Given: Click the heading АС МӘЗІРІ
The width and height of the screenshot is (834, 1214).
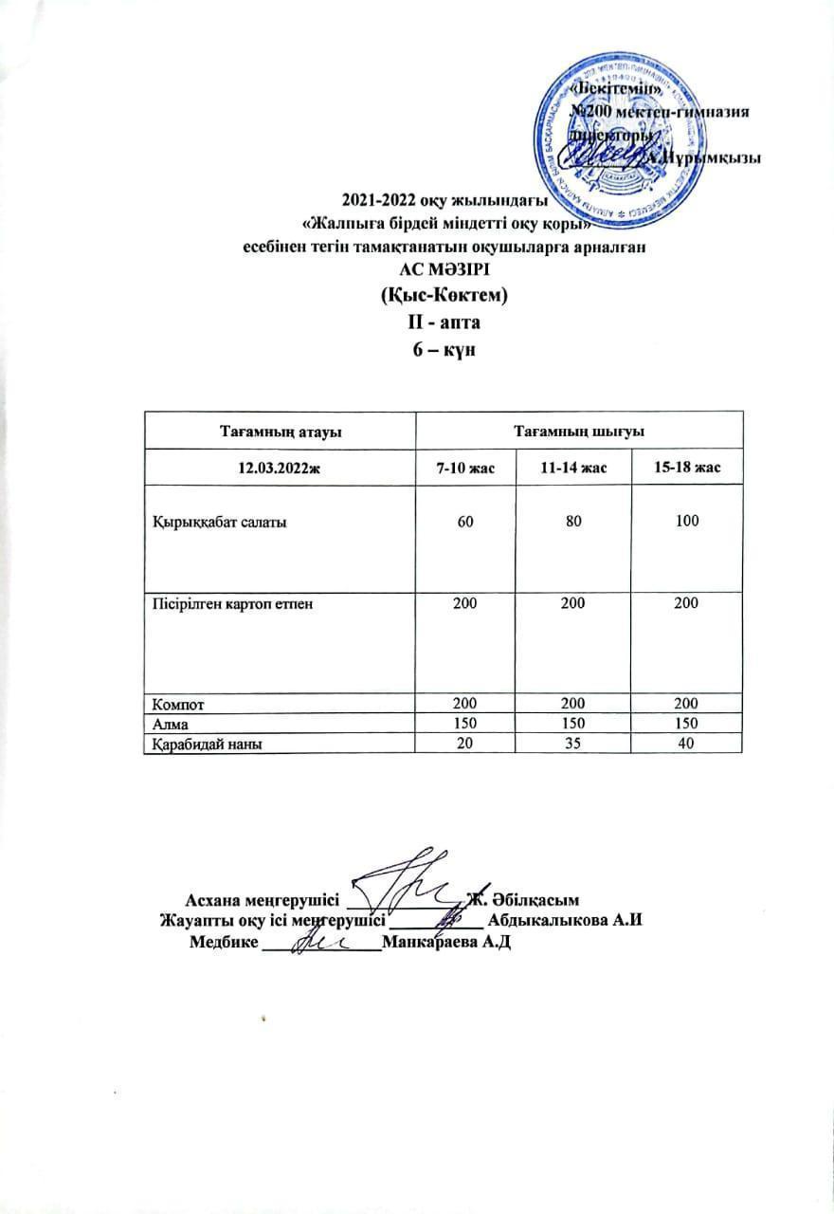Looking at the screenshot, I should (x=416, y=268).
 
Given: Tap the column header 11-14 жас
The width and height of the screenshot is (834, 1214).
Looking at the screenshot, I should (x=566, y=468).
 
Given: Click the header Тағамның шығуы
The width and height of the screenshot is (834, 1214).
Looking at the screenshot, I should (x=579, y=432).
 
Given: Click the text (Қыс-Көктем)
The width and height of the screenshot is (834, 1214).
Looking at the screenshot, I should (x=416, y=295).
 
